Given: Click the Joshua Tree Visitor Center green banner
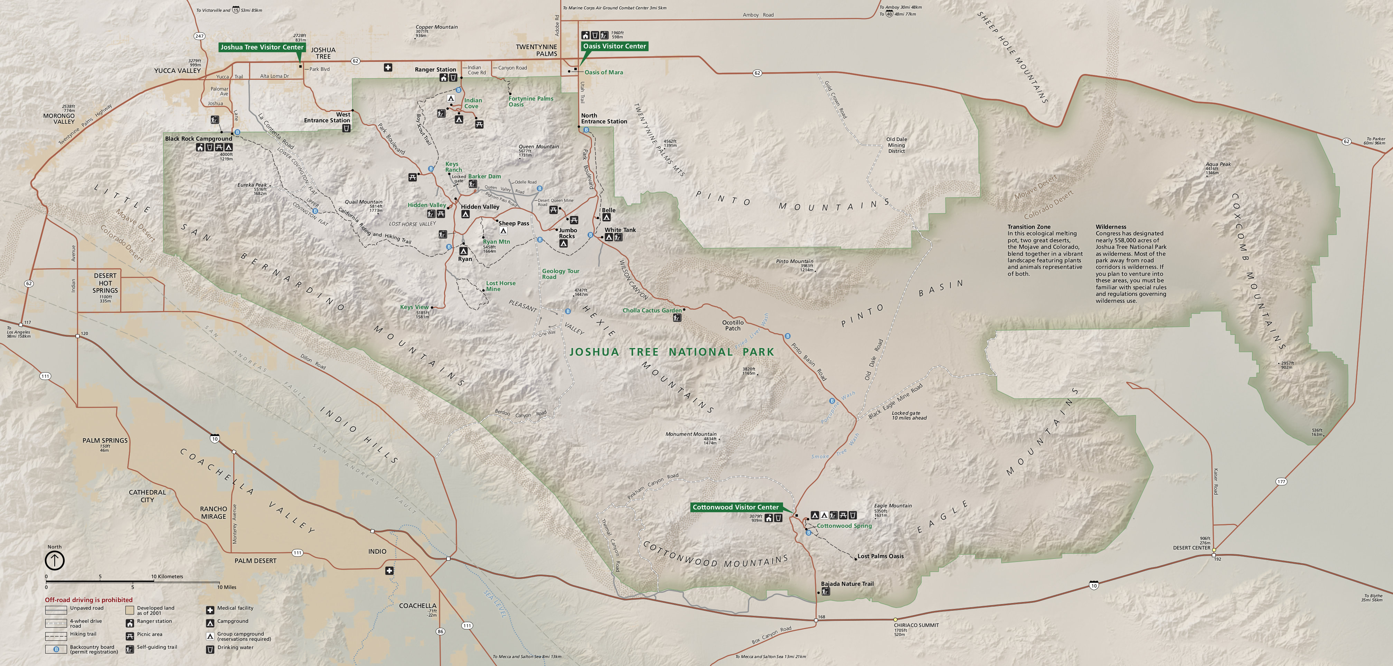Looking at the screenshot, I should tap(262, 47).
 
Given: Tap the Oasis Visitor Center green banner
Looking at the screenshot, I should tap(614, 46).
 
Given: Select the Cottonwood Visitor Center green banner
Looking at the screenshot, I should tap(735, 507).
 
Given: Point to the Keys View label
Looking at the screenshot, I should tap(414, 307).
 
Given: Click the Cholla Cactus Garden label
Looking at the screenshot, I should tap(652, 311).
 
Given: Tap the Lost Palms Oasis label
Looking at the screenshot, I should tap(881, 556).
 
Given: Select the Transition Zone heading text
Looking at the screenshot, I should tap(1028, 227).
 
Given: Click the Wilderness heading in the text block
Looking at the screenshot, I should tap(1111, 227).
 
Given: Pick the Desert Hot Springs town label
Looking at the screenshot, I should tap(105, 283).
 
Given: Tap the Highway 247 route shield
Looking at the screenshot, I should tap(199, 36).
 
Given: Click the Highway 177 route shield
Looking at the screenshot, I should tap(1281, 481).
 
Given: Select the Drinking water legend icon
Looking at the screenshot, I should tap(210, 649).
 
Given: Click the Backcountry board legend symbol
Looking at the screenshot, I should tap(56, 649).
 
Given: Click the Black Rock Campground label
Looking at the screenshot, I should tap(198, 139).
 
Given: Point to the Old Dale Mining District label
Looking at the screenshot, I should tap(896, 145).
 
